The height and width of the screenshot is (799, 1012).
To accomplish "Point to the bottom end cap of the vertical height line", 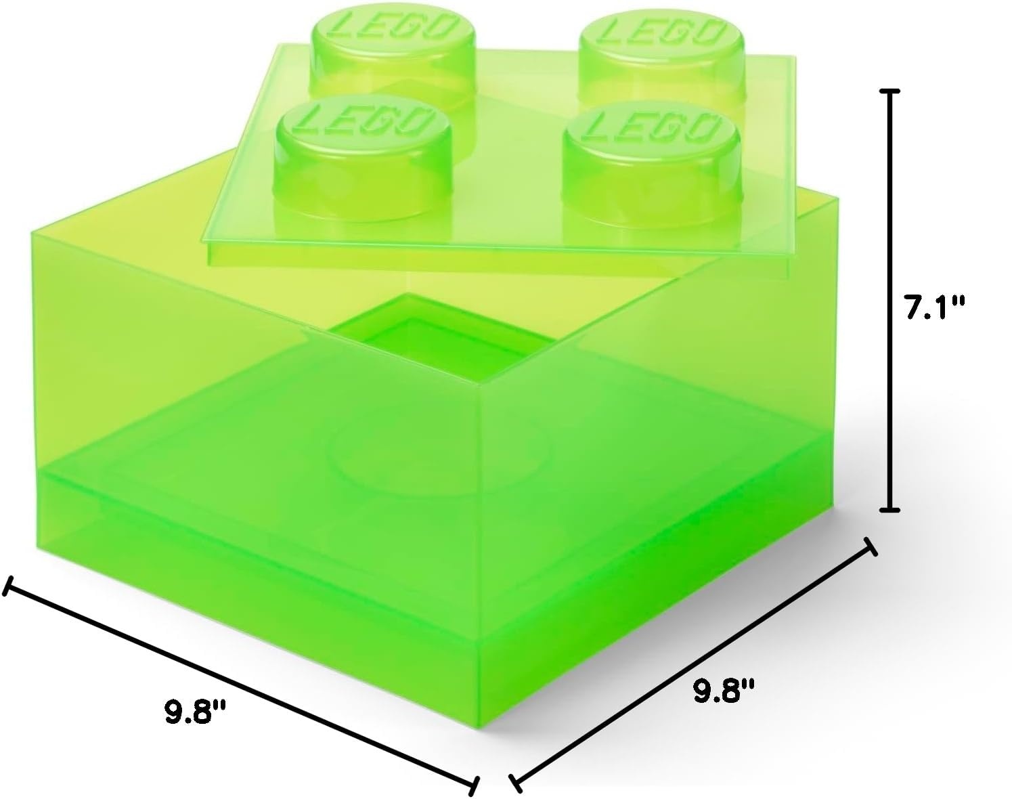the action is [x=889, y=510].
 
